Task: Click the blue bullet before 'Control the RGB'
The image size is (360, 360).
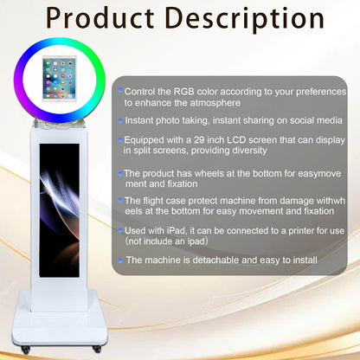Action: pos(121,90)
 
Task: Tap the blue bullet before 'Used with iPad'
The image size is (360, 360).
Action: pos(121,230)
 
